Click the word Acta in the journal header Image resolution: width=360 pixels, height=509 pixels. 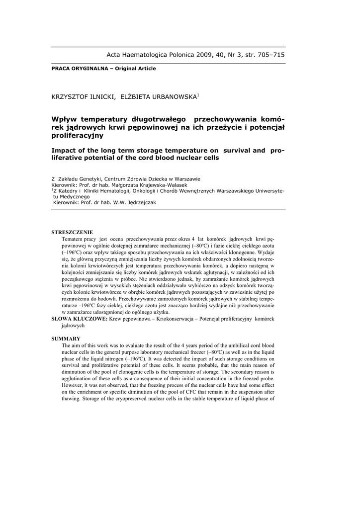point(115,55)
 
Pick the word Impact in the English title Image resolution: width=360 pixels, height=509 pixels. point(65,150)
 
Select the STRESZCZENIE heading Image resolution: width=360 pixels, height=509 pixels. point(72,232)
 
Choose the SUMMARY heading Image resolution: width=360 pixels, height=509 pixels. point(66,339)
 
